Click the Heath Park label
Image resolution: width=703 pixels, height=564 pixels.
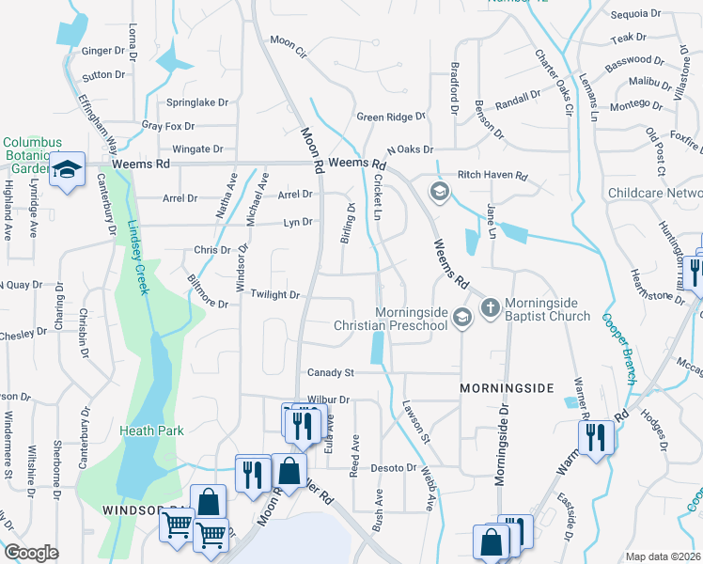[x=151, y=431]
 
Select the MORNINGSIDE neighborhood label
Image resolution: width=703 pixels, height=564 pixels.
[x=503, y=387]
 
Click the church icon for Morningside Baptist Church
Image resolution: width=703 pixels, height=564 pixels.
[x=490, y=308]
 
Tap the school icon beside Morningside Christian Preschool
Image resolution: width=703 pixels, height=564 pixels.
[x=461, y=319]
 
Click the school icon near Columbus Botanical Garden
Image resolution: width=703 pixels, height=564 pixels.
[x=68, y=169]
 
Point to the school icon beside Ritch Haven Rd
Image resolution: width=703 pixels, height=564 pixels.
[x=439, y=192]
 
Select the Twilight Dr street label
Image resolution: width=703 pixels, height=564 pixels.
[x=274, y=295]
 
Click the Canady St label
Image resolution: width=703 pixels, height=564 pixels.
[x=330, y=373]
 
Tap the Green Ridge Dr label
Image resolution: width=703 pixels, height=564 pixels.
[x=391, y=117]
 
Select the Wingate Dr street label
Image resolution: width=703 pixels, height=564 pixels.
[x=197, y=149]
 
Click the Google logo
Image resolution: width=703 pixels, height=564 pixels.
[x=31, y=553]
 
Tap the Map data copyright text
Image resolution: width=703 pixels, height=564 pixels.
[x=663, y=556]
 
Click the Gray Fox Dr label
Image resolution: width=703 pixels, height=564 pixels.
[x=168, y=126]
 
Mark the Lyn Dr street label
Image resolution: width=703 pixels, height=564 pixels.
[x=297, y=223]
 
